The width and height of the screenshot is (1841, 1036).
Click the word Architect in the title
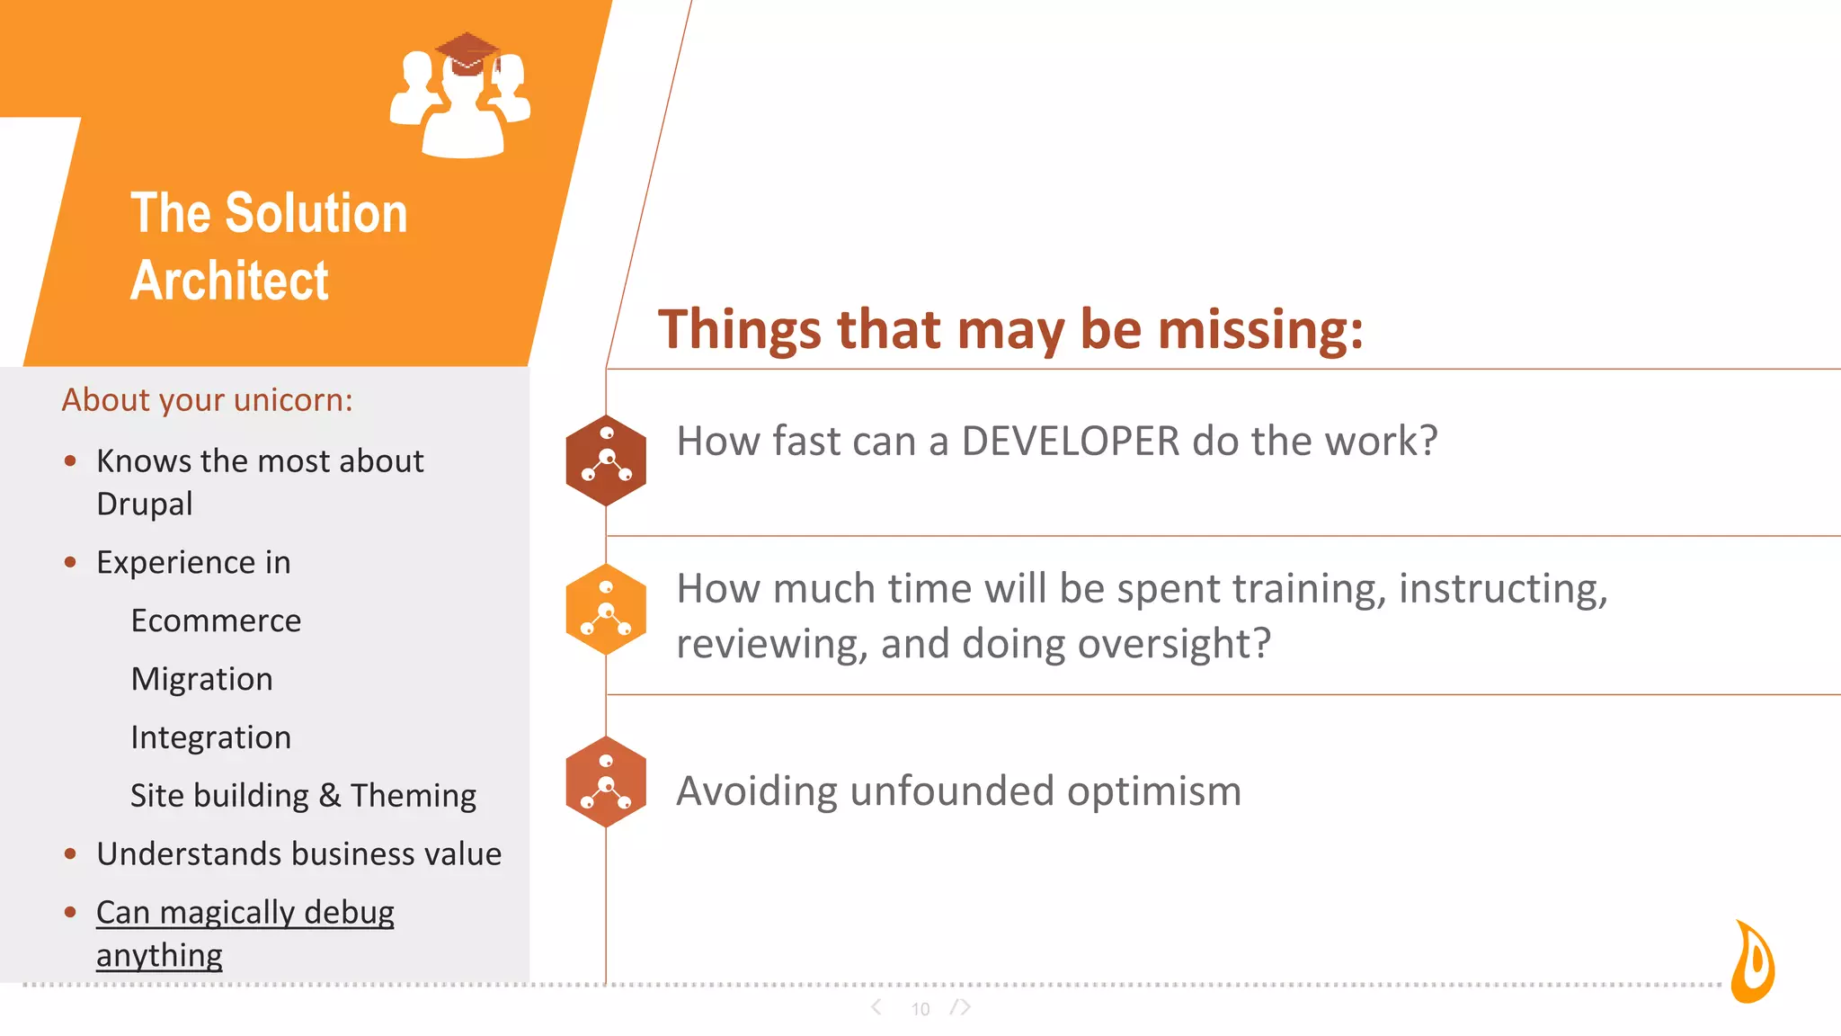pyautogui.click(x=230, y=281)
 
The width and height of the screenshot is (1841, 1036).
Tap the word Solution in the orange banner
pyautogui.click(x=316, y=213)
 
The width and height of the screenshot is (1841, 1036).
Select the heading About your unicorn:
pyautogui.click(x=207, y=399)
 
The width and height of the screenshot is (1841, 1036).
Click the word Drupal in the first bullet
pyautogui.click(x=144, y=504)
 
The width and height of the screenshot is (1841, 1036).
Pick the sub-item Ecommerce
pyautogui.click(x=216, y=621)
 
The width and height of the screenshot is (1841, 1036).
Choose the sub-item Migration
pyautogui.click(x=201, y=679)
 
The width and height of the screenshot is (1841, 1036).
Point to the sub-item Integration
pyautogui.click(x=210, y=737)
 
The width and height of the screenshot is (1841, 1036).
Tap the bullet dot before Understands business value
pyautogui.click(x=70, y=853)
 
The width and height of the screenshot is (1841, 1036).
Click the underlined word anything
pyautogui.click(x=159, y=955)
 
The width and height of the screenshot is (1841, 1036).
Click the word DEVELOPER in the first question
pyautogui.click(x=1070, y=442)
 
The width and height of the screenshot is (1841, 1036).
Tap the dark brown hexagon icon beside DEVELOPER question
pyautogui.click(x=606, y=460)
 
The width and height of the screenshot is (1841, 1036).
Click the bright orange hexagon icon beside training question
pyautogui.click(x=606, y=610)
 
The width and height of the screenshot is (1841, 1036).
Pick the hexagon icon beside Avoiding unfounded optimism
pyautogui.click(x=606, y=781)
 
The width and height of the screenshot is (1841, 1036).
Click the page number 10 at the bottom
pyautogui.click(x=920, y=1009)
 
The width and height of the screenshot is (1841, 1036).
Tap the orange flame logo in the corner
pyautogui.click(x=1754, y=961)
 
